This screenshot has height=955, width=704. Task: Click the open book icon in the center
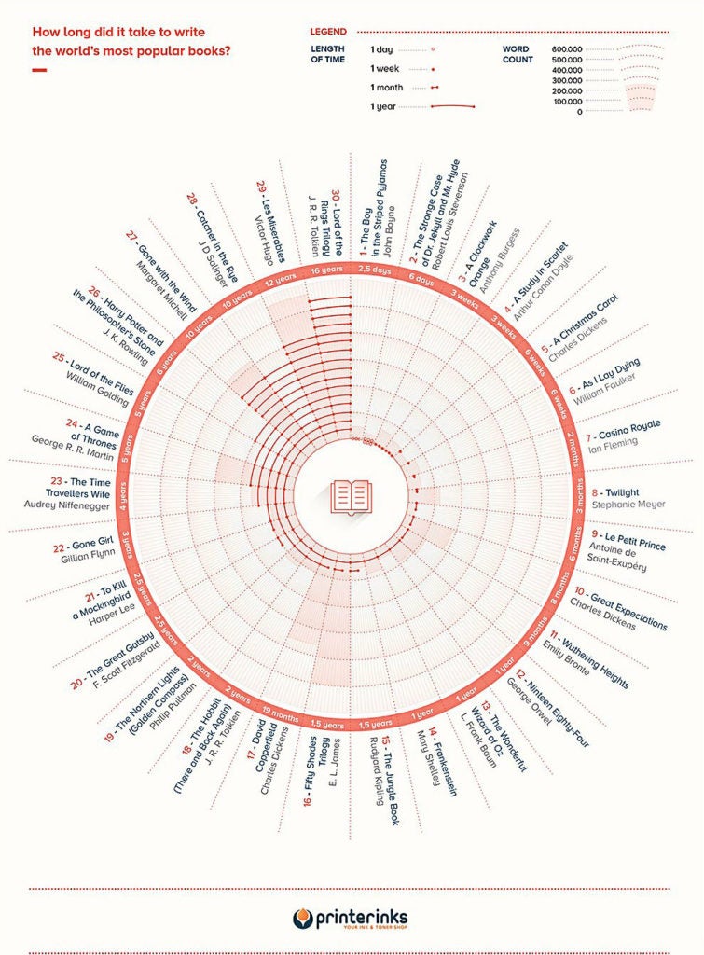click(x=352, y=494)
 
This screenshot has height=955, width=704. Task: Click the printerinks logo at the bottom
click(x=351, y=918)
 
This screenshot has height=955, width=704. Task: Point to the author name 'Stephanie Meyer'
click(x=635, y=505)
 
